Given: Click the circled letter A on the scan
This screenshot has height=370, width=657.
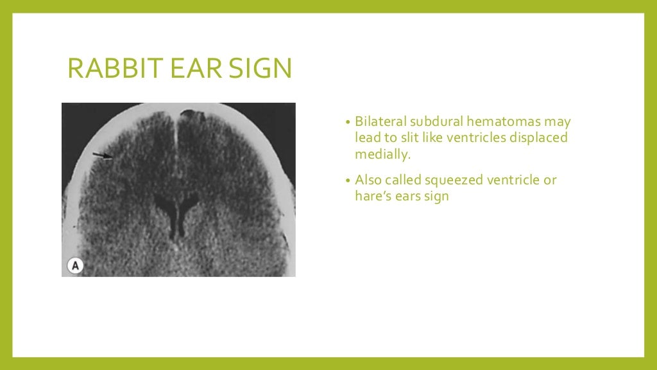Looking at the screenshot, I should click(75, 265).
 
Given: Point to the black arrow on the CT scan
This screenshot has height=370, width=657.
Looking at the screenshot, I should click(101, 155).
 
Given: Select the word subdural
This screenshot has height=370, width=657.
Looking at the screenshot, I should click(433, 121).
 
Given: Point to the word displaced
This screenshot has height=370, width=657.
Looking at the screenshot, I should click(538, 138).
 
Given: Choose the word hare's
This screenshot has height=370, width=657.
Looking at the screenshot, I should click(373, 197).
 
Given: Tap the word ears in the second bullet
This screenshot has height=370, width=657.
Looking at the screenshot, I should click(409, 197).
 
